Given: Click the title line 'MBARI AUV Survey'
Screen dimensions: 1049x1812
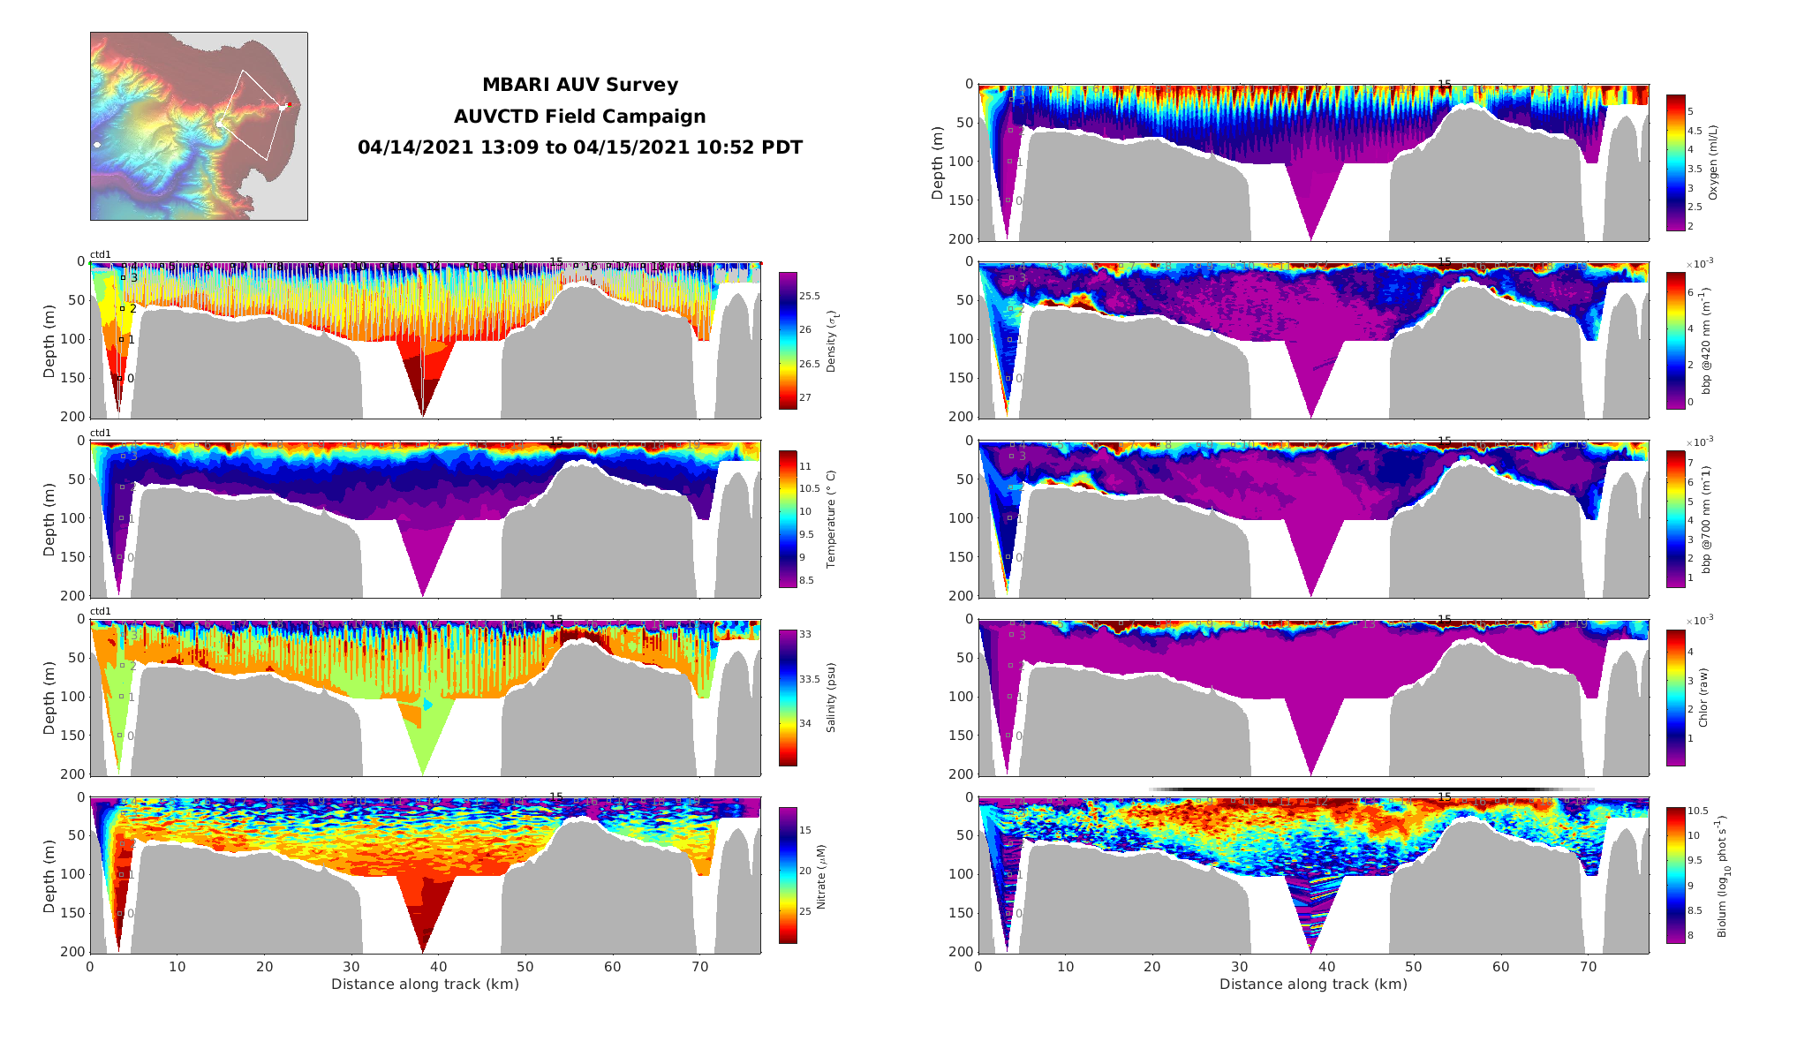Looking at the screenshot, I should (579, 85).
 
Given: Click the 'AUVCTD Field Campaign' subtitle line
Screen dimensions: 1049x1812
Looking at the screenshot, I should (579, 117).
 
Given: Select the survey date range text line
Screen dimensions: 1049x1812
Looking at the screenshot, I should (579, 147).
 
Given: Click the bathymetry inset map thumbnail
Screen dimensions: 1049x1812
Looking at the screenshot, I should (199, 126).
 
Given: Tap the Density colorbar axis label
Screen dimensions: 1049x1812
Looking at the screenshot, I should (831, 341).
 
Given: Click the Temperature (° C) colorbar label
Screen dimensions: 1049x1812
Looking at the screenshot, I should (831, 519).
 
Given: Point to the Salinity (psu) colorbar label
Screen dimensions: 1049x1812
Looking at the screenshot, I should (831, 698).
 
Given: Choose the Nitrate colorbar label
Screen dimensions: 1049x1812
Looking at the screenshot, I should (822, 876).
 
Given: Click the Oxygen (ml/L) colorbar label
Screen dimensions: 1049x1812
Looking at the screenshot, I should (1713, 162).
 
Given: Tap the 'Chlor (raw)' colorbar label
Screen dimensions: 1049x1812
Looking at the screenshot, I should (1703, 698).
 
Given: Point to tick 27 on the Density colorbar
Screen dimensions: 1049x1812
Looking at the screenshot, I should (805, 397).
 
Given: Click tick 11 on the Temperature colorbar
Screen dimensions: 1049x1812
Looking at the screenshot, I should (805, 466).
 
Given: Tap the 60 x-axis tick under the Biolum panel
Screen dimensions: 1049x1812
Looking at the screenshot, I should (1501, 967).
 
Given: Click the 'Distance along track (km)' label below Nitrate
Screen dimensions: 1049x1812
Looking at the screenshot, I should (425, 985).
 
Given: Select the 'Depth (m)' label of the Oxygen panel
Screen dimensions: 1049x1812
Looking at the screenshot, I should (938, 162).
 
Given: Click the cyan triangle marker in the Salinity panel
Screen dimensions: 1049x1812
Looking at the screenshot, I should (428, 705).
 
